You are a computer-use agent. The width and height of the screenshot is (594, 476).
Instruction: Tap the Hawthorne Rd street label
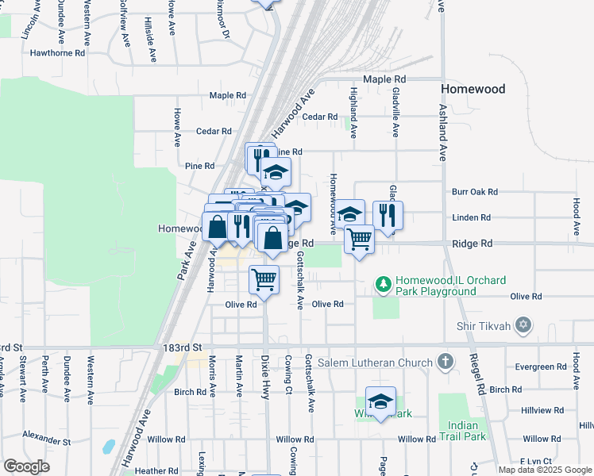[56, 53]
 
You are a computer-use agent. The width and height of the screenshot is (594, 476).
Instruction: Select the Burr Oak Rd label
[474, 192]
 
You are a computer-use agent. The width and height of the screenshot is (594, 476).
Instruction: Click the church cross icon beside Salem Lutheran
[445, 362]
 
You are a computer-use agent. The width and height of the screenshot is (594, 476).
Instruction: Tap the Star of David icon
[523, 324]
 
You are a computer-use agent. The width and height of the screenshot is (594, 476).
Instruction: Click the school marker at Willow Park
[381, 401]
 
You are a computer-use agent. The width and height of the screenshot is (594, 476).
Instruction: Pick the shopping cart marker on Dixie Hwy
[264, 278]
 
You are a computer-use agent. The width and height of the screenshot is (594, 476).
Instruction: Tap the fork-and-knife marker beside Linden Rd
[388, 214]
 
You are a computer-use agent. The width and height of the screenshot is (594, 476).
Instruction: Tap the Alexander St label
[46, 437]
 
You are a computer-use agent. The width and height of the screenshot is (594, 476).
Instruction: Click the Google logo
[27, 466]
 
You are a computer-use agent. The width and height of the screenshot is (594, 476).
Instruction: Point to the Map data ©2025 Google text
[544, 470]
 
